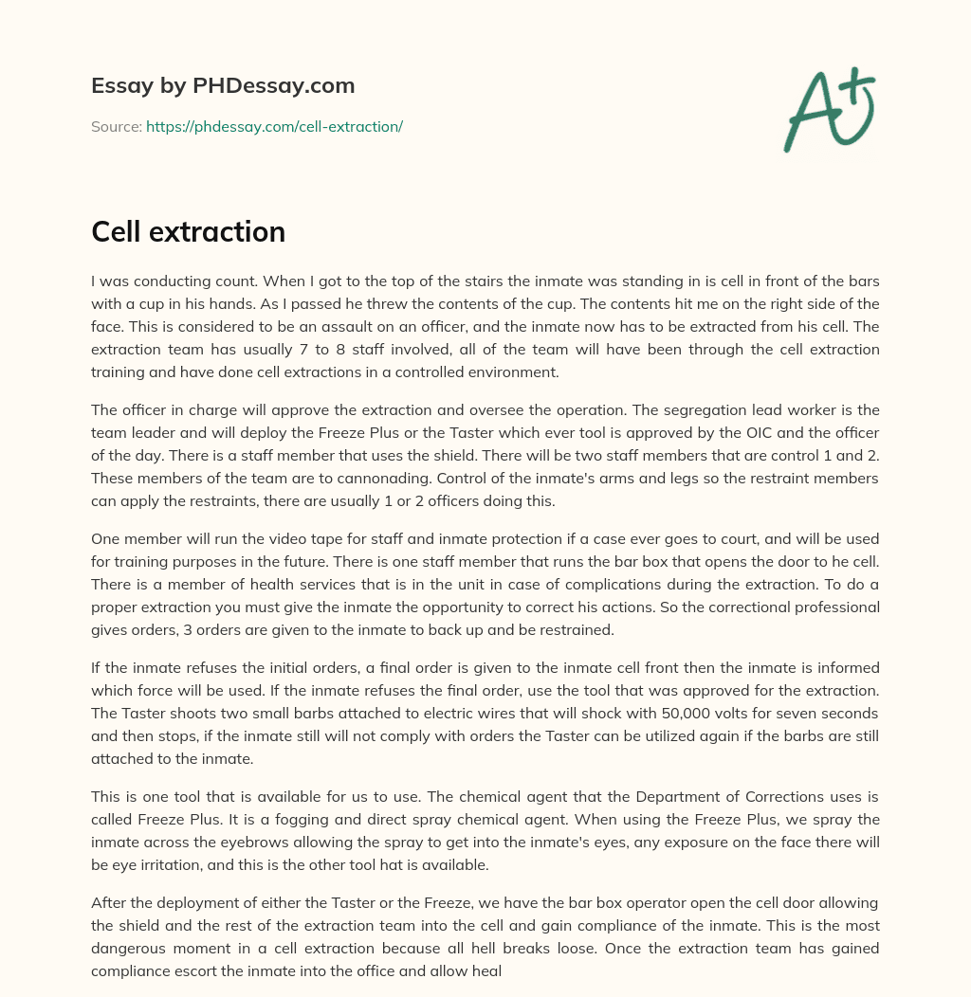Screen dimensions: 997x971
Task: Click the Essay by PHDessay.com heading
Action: coord(223,86)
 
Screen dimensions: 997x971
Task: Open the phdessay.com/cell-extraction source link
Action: coord(274,126)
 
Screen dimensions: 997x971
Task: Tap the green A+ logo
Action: coord(827,109)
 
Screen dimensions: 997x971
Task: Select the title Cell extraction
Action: coord(188,231)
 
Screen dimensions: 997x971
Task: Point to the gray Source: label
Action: coord(116,126)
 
